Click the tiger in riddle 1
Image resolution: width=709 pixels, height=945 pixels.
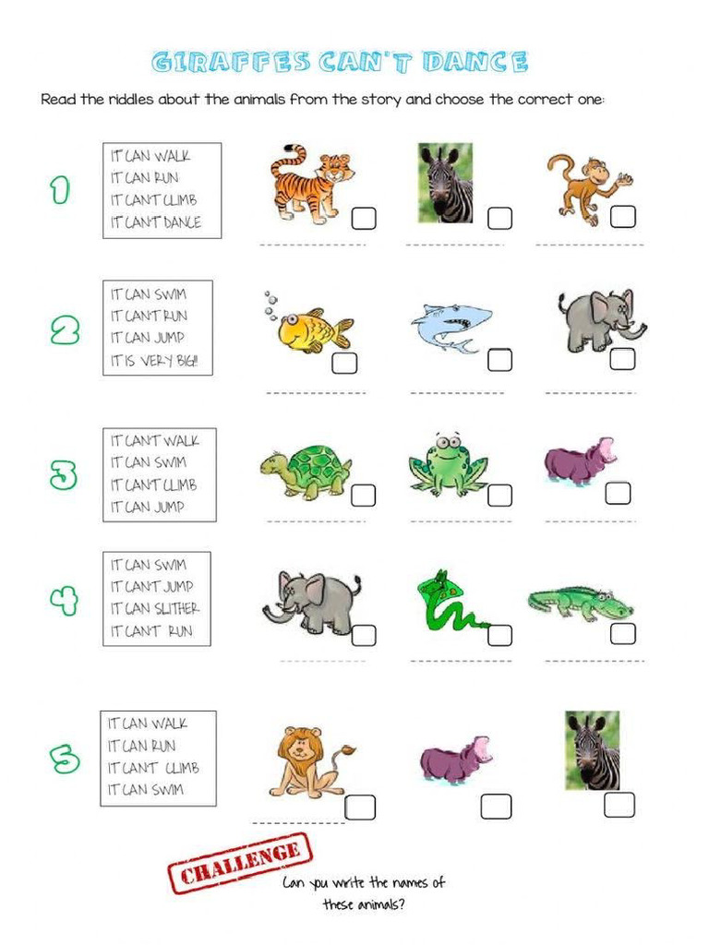click(x=310, y=183)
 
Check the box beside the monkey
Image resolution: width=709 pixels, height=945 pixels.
click(x=623, y=216)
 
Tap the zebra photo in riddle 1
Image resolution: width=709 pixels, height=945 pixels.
click(x=445, y=182)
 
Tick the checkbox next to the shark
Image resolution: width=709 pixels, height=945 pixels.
click(x=499, y=359)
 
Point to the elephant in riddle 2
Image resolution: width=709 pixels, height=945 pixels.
click(x=600, y=319)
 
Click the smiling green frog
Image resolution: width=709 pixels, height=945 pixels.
click(x=448, y=463)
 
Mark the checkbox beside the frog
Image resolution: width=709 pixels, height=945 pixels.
click(x=499, y=495)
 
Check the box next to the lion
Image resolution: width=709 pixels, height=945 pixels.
click(x=360, y=807)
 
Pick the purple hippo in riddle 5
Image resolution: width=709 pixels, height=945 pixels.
click(x=454, y=760)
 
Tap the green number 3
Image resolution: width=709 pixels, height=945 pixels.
click(x=64, y=474)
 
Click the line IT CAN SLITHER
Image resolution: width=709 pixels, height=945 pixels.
click(x=154, y=608)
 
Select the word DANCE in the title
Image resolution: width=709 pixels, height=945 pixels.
click(x=475, y=63)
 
